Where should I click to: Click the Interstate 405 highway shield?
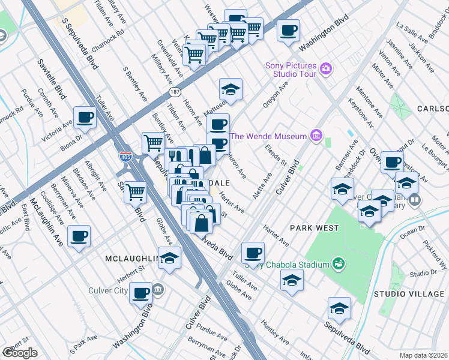(125, 157)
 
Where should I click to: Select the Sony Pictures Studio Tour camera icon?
(325, 68)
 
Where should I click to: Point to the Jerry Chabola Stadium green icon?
(339, 264)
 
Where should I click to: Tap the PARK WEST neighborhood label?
(314, 228)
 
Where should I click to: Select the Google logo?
(20, 353)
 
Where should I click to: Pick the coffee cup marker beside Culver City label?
(140, 292)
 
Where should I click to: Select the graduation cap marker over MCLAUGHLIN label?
(170, 257)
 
